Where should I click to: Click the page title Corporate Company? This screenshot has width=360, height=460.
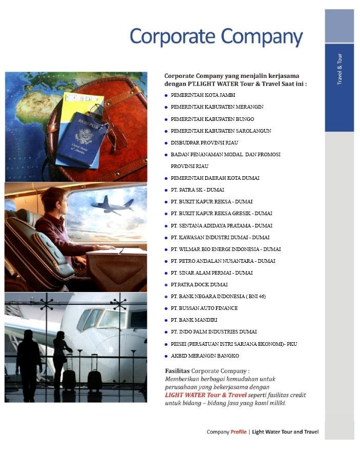pos(216,37)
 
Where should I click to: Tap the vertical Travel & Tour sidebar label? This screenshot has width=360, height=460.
pos(340,69)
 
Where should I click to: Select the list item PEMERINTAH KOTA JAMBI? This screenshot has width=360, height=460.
pos(203,95)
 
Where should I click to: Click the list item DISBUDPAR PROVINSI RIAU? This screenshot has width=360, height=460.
pos(204,142)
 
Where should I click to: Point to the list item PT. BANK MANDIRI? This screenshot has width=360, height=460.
pos(195,320)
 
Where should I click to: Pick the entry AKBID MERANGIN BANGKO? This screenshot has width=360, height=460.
pos(205,356)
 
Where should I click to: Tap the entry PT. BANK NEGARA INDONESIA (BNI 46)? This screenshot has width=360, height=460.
pos(218,296)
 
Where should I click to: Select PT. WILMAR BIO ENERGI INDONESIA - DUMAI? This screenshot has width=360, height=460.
pos(225,249)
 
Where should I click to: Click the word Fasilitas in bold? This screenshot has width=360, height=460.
pos(177,370)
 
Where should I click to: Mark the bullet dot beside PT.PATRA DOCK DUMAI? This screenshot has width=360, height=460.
pos(166,285)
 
